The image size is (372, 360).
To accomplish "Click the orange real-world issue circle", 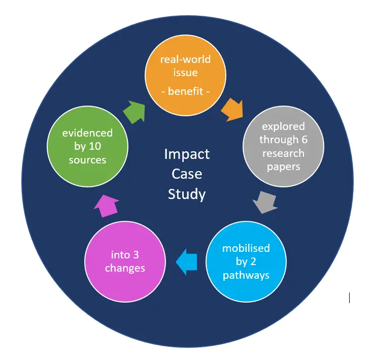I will point(185,76).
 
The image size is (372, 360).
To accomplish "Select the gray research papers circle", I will point(283,146).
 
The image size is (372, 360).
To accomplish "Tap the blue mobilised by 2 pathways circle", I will point(246,262).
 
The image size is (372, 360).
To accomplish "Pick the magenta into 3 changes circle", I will point(125,261).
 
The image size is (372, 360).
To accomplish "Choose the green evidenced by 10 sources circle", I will point(87,146).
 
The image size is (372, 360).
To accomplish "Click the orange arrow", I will point(231,109).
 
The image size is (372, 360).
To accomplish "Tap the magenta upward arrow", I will point(107,205).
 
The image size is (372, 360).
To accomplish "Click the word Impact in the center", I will point(186,154).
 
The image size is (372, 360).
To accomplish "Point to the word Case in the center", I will point(186,174).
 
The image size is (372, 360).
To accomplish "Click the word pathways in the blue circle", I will point(246,275).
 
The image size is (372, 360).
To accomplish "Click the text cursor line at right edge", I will point(349,298).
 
